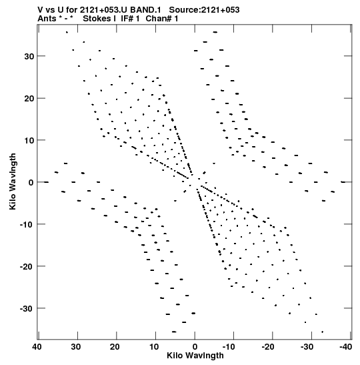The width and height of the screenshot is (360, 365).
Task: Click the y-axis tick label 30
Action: tap(29, 56)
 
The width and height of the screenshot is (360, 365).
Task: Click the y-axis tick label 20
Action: tap(29, 99)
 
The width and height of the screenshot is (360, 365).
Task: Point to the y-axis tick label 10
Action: tap(29, 140)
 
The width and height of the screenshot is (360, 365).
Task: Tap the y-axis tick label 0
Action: tap(31, 183)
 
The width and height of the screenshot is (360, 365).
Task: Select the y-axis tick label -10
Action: tap(27, 224)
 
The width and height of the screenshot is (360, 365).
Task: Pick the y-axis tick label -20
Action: tap(27, 266)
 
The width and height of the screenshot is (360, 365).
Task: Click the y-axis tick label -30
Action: tap(27, 309)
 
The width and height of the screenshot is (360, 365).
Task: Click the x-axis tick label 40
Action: tap(37, 347)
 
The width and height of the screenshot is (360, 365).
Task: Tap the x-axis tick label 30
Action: tap(76, 347)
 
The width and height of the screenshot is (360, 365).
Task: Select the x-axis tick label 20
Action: tap(115, 347)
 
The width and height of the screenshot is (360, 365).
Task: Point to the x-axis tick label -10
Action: tap(229, 347)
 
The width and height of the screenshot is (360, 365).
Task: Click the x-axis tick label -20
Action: tap(268, 347)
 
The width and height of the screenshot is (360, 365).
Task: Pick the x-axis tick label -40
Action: tap(346, 347)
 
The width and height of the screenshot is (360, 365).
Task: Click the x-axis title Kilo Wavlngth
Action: tap(195, 356)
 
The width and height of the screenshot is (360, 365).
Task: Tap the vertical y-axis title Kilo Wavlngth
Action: tap(13, 181)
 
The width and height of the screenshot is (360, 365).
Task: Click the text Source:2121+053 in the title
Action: tap(204, 10)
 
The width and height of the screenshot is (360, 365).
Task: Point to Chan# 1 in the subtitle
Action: tap(162, 19)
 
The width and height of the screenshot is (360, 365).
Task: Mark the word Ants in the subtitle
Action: tap(47, 19)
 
